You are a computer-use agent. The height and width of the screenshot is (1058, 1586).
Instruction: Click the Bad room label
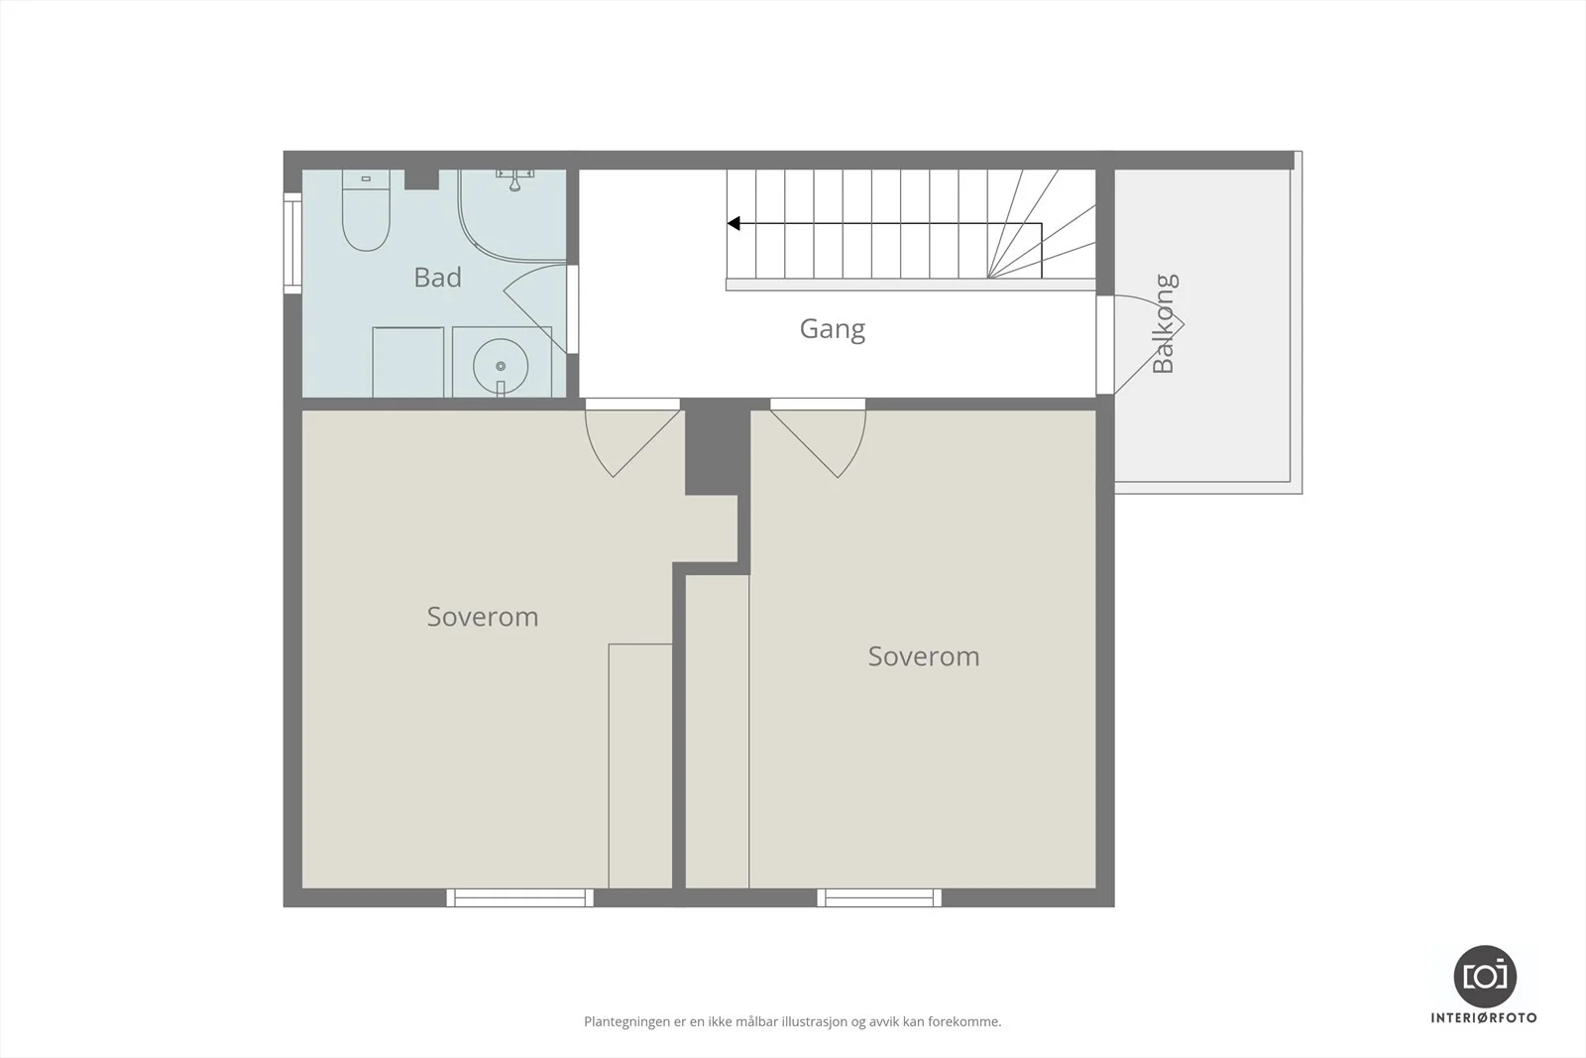tap(437, 277)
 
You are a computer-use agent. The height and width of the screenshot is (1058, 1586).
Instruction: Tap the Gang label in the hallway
tap(833, 329)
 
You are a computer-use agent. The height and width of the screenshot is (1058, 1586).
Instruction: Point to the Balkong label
tap(1164, 323)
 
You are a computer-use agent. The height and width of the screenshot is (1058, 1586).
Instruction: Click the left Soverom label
tap(483, 617)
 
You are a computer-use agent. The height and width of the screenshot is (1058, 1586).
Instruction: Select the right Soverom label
tap(924, 656)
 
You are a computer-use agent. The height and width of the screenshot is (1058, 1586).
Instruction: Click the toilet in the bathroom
tap(366, 210)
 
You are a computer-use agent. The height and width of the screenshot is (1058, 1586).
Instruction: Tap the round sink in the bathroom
tap(501, 366)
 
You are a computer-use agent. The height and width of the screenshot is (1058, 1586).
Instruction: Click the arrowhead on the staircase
tap(734, 224)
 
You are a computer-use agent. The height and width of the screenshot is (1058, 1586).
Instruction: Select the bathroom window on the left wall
tap(292, 243)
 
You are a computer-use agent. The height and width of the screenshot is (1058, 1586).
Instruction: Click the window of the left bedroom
tap(519, 898)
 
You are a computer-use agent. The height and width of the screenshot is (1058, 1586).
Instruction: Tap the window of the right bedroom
tap(879, 898)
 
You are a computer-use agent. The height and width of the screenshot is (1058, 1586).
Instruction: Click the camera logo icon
tap(1485, 976)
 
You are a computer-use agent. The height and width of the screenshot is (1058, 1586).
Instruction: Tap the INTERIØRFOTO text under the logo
tap(1484, 1017)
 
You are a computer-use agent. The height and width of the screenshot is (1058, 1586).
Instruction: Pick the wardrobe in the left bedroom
tap(640, 765)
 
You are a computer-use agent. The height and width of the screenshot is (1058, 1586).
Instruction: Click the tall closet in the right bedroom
tap(718, 732)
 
